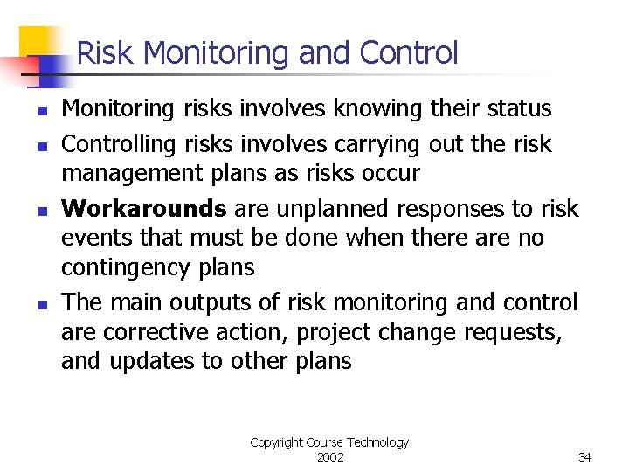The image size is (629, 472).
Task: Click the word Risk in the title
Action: click(x=105, y=54)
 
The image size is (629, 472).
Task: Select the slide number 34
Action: click(x=584, y=457)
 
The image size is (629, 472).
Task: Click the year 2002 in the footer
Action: click(x=329, y=457)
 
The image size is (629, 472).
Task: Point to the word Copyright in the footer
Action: click(x=276, y=442)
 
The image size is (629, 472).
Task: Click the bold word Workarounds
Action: click(x=144, y=209)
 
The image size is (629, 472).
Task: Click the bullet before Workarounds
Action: click(x=41, y=211)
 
